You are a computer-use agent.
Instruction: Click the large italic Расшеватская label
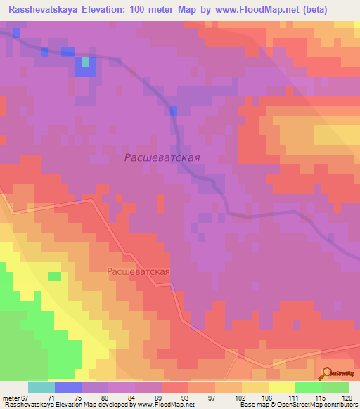click(162, 158)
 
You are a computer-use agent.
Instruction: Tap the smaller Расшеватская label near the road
click(139, 271)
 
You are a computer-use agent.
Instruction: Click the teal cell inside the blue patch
click(85, 62)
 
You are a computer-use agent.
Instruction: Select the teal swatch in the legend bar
click(41, 387)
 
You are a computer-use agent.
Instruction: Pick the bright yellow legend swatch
click(282, 387)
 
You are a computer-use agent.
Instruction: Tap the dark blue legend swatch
click(68, 387)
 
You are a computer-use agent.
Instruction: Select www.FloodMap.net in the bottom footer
click(165, 405)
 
